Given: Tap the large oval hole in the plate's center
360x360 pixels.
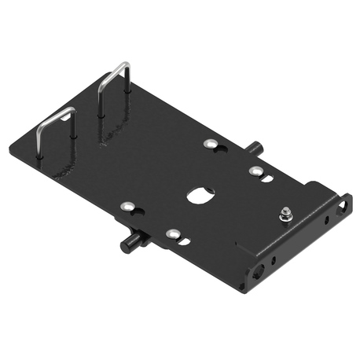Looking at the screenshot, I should pyautogui.click(x=200, y=194).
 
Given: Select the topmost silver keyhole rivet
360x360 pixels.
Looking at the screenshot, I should pyautogui.click(x=210, y=143).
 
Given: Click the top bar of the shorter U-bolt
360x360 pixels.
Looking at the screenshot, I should pyautogui.click(x=55, y=116).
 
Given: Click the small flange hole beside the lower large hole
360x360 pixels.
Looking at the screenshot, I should pyautogui.click(x=273, y=260).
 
